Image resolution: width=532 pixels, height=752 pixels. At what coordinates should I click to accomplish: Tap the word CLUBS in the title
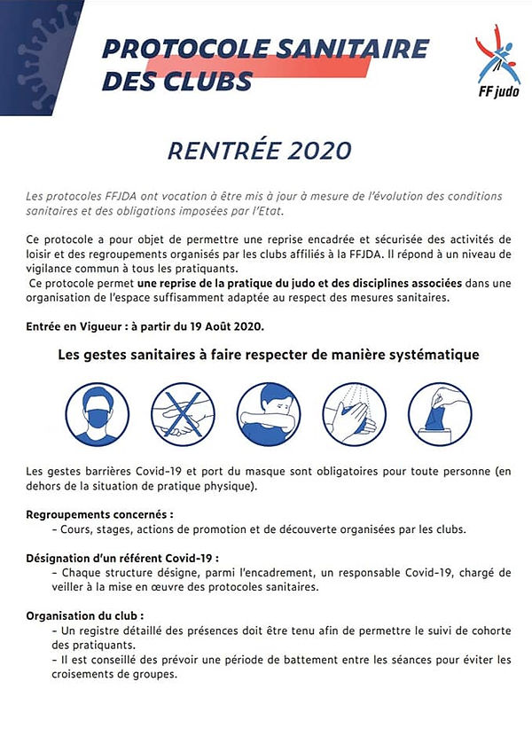click(x=208, y=81)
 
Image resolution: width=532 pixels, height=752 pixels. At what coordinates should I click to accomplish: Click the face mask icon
click(x=98, y=414)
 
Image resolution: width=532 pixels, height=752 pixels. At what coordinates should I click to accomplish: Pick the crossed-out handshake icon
click(x=183, y=414)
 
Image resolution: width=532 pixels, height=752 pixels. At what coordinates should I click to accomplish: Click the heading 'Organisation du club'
click(x=83, y=614)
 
